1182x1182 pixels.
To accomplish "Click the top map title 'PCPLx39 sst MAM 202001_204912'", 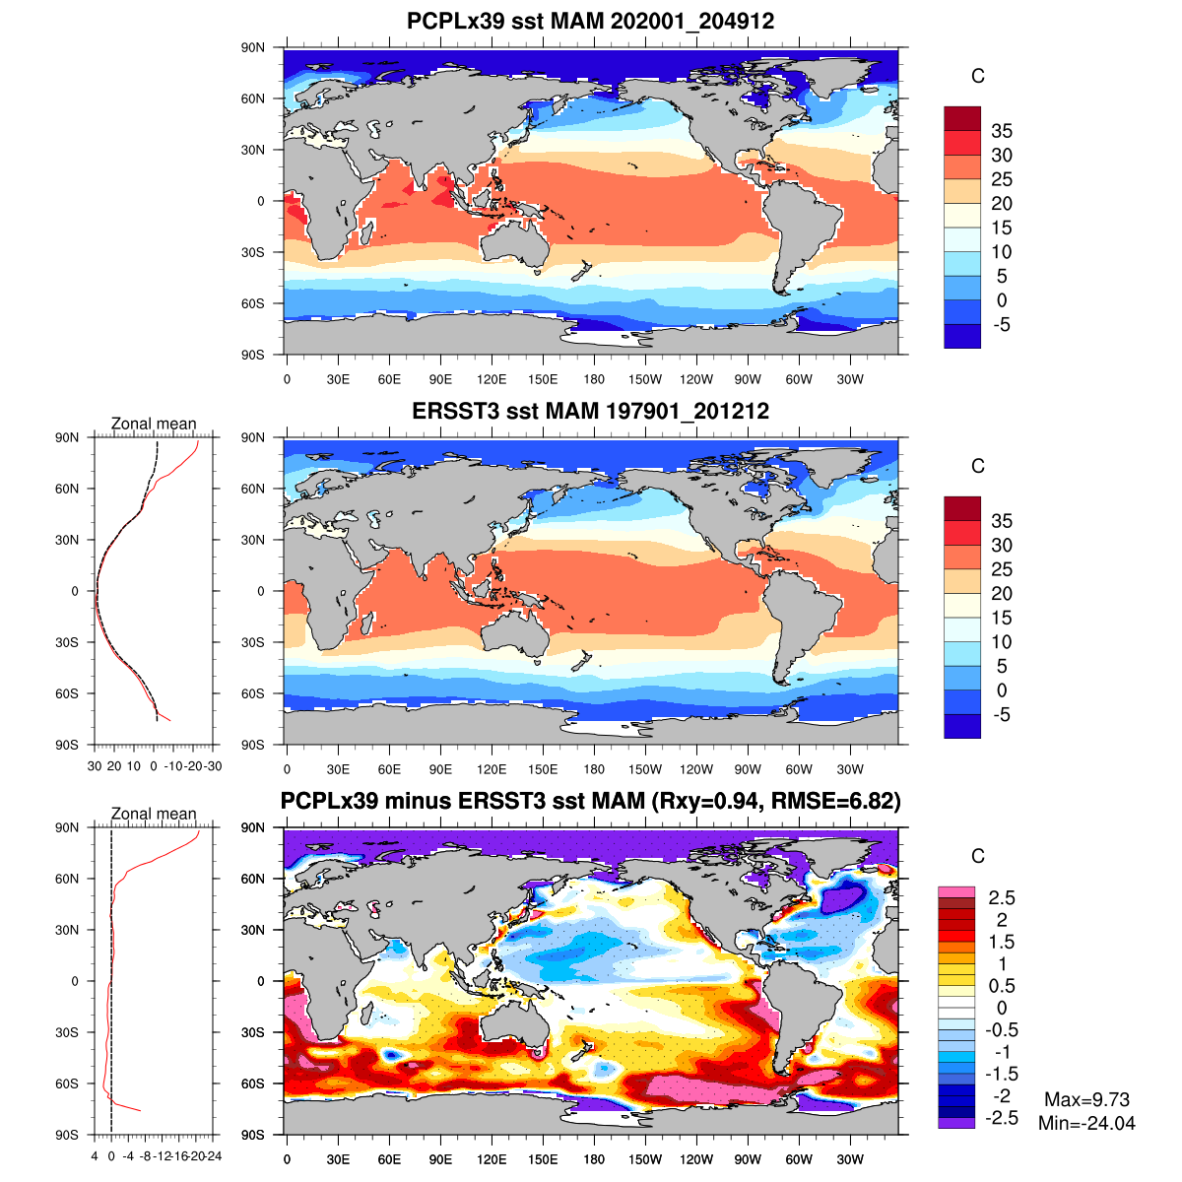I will point(590,22).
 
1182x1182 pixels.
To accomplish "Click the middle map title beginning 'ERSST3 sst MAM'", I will point(590,411).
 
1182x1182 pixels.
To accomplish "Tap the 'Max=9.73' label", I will point(1086,1100).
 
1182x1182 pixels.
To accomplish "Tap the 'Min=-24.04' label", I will point(1086,1123).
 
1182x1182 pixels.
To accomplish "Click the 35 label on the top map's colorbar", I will point(1002,131).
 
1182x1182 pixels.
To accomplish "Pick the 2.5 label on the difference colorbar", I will point(1002,897).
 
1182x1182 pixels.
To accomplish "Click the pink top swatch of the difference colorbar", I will point(955,891).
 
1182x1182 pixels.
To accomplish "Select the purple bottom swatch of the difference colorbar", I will point(955,1123).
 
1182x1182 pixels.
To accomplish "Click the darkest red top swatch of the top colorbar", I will point(961,118).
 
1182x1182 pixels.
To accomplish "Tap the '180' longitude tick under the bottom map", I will point(594,1160).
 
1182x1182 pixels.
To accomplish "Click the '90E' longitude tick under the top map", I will point(440,380).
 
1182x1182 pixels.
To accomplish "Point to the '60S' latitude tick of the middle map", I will point(254,693).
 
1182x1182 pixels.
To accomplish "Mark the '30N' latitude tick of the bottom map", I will point(254,930).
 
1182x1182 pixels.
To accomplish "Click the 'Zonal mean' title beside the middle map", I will point(154,424).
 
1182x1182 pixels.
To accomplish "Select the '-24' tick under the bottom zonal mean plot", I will point(214,1156).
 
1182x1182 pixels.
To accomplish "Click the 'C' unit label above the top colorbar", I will point(977,77).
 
